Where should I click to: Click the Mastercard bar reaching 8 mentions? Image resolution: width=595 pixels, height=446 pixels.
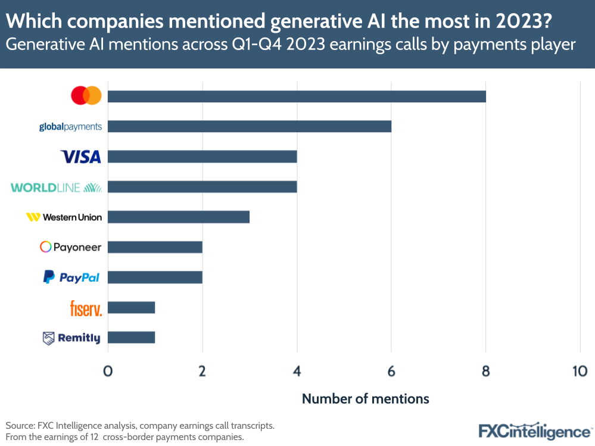pyautogui.click(x=297, y=96)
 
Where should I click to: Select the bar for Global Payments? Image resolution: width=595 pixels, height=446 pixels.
pyautogui.click(x=249, y=126)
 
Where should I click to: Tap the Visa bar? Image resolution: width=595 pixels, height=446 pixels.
pyautogui.click(x=202, y=157)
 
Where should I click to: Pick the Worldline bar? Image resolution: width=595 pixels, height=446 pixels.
pyautogui.click(x=202, y=187)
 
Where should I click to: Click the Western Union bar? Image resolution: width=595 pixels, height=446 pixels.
pyautogui.click(x=178, y=217)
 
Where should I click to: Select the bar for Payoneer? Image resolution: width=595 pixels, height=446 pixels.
pyautogui.click(x=155, y=247)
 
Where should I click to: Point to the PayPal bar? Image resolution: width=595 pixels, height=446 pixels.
pyautogui.click(x=155, y=277)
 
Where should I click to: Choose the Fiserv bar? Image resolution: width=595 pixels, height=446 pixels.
pyautogui.click(x=131, y=307)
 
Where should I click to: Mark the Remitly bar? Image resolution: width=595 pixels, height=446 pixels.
pyautogui.click(x=131, y=338)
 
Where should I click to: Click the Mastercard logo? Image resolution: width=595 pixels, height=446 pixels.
pyautogui.click(x=86, y=96)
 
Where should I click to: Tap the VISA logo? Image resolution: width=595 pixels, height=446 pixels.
pyautogui.click(x=81, y=157)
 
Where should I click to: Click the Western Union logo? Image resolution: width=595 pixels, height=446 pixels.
pyautogui.click(x=64, y=217)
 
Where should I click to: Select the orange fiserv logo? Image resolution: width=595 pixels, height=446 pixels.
pyautogui.click(x=86, y=308)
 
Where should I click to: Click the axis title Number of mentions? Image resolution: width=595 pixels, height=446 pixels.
pyautogui.click(x=365, y=398)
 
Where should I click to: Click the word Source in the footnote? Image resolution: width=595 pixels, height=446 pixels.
pyautogui.click(x=20, y=426)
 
